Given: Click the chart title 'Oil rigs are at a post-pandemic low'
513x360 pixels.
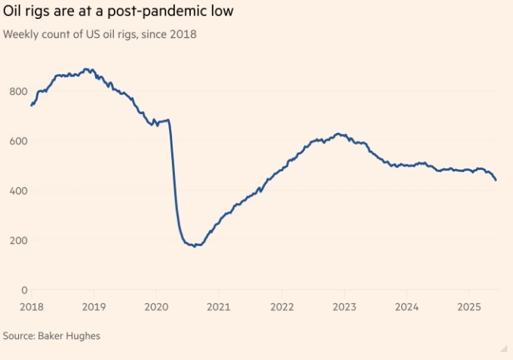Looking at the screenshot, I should (127, 12).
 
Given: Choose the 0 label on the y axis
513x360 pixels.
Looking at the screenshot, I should (23, 290).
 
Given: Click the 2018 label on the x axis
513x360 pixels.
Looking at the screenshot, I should (31, 307).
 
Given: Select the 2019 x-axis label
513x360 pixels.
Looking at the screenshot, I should (93, 307).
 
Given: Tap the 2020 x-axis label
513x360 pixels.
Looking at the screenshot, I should (155, 307).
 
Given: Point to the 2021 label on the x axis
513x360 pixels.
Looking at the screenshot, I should (218, 307).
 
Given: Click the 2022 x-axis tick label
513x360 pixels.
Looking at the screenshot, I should (281, 307).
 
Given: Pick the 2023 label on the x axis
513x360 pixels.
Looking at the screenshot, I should (343, 307).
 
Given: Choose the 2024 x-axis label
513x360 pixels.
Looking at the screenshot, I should (406, 307).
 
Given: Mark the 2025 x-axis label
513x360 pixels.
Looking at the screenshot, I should (468, 307).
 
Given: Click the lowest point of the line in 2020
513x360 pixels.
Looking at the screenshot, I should (196, 246).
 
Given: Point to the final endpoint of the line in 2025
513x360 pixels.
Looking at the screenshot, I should (496, 180).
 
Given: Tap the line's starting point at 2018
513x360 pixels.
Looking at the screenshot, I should (31, 105).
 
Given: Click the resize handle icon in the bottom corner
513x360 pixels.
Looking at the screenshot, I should (503, 349).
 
